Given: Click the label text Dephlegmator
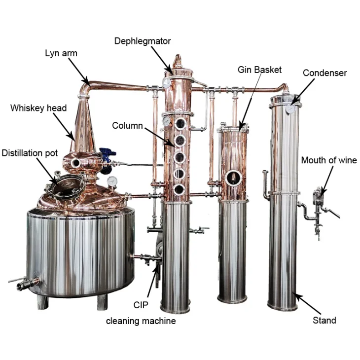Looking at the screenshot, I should tap(142, 41).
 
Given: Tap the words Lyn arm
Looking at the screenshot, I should tap(62, 53).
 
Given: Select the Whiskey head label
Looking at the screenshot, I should tap(38, 108).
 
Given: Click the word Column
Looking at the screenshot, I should tap(127, 126).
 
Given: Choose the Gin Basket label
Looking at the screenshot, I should tap(259, 70).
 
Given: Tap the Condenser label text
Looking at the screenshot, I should tap(324, 73).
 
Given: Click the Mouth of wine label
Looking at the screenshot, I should tap(328, 160).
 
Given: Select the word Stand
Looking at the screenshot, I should tap(324, 321).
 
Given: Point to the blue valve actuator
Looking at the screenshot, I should tap(105, 155).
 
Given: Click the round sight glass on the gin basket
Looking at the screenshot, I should tap(232, 177).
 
